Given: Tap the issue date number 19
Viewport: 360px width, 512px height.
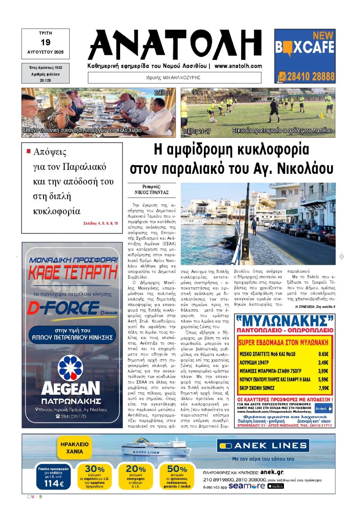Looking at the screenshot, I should [x=45, y=43].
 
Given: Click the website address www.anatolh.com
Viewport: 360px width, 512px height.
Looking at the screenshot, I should [x=238, y=66].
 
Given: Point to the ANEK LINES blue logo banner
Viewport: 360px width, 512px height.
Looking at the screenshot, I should [x=263, y=446].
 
